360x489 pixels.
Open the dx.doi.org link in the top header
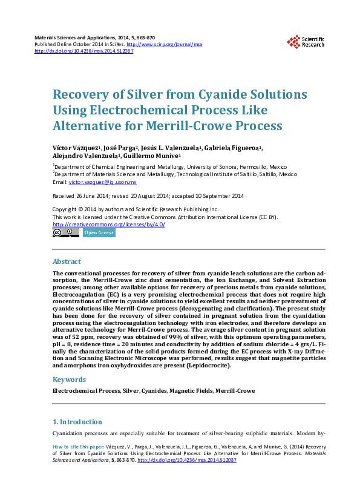(84, 51)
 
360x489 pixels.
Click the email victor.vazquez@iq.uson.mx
(103, 182)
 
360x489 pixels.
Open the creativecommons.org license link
(109, 224)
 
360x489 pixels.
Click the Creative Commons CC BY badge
(66, 232)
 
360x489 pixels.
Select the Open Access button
(99, 232)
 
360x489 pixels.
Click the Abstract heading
(67, 261)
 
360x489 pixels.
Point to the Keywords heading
(69, 379)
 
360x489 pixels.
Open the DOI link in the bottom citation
(187, 460)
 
